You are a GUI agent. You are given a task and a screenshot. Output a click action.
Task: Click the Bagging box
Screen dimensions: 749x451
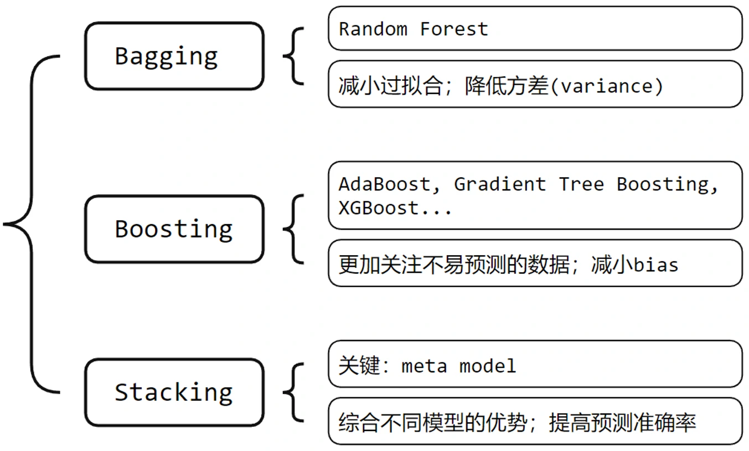tap(174, 56)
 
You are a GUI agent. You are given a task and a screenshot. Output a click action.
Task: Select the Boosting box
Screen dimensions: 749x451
tap(174, 229)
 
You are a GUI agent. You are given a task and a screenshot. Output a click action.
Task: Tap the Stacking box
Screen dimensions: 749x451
tap(174, 392)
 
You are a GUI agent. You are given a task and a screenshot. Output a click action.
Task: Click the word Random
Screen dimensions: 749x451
tap(373, 29)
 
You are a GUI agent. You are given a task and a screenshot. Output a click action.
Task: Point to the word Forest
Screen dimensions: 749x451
tap(454, 29)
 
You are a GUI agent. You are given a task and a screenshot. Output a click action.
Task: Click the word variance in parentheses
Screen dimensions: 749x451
tap(607, 86)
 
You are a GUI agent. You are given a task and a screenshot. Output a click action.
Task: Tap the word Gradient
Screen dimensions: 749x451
tap(500, 184)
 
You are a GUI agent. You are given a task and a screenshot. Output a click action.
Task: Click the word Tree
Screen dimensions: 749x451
tap(581, 184)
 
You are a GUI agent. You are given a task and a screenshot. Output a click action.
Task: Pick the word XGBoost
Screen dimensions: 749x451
tap(379, 208)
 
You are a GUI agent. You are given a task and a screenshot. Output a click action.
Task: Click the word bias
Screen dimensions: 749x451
tap(655, 265)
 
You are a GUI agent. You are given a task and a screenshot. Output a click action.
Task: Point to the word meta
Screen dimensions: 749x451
tap(424, 366)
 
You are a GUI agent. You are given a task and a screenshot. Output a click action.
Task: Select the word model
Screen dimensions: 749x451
tap(488, 366)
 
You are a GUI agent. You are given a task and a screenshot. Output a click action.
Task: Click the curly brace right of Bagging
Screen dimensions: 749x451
tap(293, 56)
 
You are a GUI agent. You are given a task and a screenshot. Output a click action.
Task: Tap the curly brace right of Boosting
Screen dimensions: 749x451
tap(293, 229)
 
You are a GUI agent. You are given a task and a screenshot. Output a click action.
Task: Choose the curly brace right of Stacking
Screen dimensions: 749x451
tap(293, 392)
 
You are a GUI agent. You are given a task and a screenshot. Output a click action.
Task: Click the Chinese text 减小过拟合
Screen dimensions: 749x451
tap(390, 86)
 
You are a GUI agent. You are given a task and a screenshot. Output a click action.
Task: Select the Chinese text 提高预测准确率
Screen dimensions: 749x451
tap(622, 423)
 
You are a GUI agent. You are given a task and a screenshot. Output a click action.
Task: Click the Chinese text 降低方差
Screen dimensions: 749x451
tap(507, 86)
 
